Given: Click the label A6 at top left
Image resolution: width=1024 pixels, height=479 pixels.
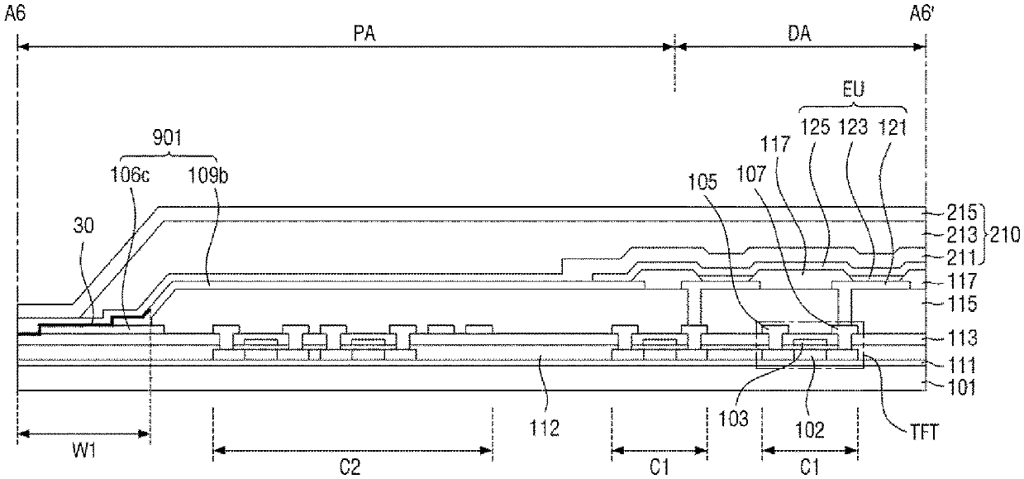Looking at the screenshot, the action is pos(14,13).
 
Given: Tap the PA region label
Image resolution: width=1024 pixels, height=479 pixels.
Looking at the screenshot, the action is pos(364,34).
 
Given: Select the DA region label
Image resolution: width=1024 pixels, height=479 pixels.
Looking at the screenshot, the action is pos(799,34).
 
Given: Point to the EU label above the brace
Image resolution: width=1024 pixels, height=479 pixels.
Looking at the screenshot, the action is pos(854,89).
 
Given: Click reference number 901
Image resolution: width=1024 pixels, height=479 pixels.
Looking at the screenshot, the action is pos(167,137).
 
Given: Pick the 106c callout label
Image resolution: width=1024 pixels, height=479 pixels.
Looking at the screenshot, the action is pos(131,175).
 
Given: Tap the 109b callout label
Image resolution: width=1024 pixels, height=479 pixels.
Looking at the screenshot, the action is pos(208,175).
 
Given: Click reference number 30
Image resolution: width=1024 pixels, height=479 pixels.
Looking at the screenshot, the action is pos(83,226).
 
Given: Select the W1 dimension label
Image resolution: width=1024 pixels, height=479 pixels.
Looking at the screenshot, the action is pos(84,452).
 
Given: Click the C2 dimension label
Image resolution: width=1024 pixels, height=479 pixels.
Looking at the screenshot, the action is pos(350,467).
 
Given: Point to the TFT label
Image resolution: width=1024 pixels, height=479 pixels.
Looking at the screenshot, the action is pos(924,432).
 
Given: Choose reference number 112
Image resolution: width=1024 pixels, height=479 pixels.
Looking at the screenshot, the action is pos(544,428).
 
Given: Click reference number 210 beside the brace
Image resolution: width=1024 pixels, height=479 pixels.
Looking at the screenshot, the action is pos(1005,235).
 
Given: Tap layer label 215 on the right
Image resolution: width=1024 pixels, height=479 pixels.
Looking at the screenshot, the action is pos(962,213).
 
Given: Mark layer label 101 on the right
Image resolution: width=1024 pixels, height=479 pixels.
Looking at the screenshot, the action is pos(962,387).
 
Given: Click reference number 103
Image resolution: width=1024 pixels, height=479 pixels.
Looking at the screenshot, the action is pos(733,419).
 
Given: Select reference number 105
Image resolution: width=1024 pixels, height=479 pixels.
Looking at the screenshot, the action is pos(703,182).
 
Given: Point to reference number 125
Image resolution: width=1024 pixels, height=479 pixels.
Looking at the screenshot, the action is pos(815,127).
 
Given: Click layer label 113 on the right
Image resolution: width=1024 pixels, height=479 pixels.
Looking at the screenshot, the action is pos(962,338).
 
